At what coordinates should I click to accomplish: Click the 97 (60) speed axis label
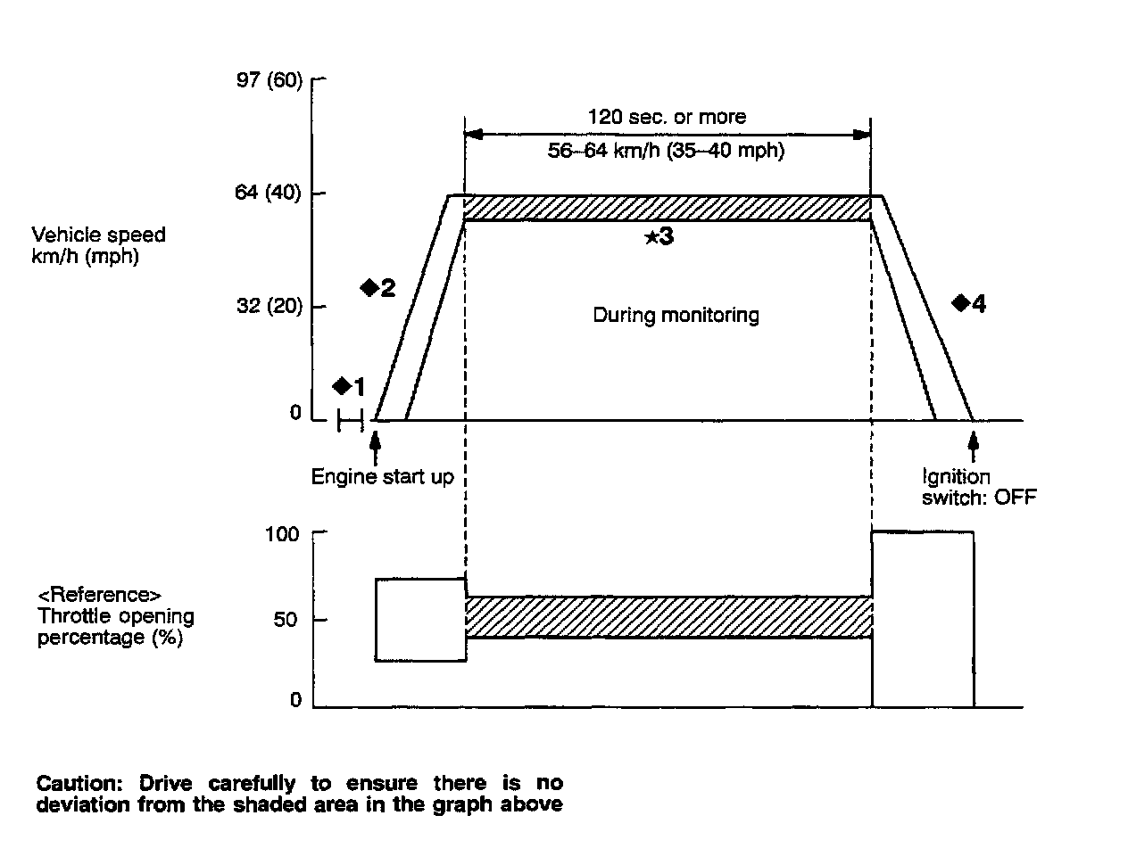coord(270,81)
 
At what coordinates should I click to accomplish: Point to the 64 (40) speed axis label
coord(270,193)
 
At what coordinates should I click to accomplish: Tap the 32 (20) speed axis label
coord(270,306)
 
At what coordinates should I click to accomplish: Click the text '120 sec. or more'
coord(667,117)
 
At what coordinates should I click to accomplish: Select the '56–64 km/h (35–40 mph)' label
coord(666,151)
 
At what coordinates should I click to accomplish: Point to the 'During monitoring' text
coord(676,315)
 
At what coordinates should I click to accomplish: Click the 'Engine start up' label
coord(382,477)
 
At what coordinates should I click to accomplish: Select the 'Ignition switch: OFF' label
coord(978,487)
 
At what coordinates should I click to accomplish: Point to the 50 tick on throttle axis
coord(286,620)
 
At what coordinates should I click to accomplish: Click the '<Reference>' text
coord(100,595)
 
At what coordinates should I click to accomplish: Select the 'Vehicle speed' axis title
coord(98,235)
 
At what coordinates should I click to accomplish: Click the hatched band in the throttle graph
coord(668,617)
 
